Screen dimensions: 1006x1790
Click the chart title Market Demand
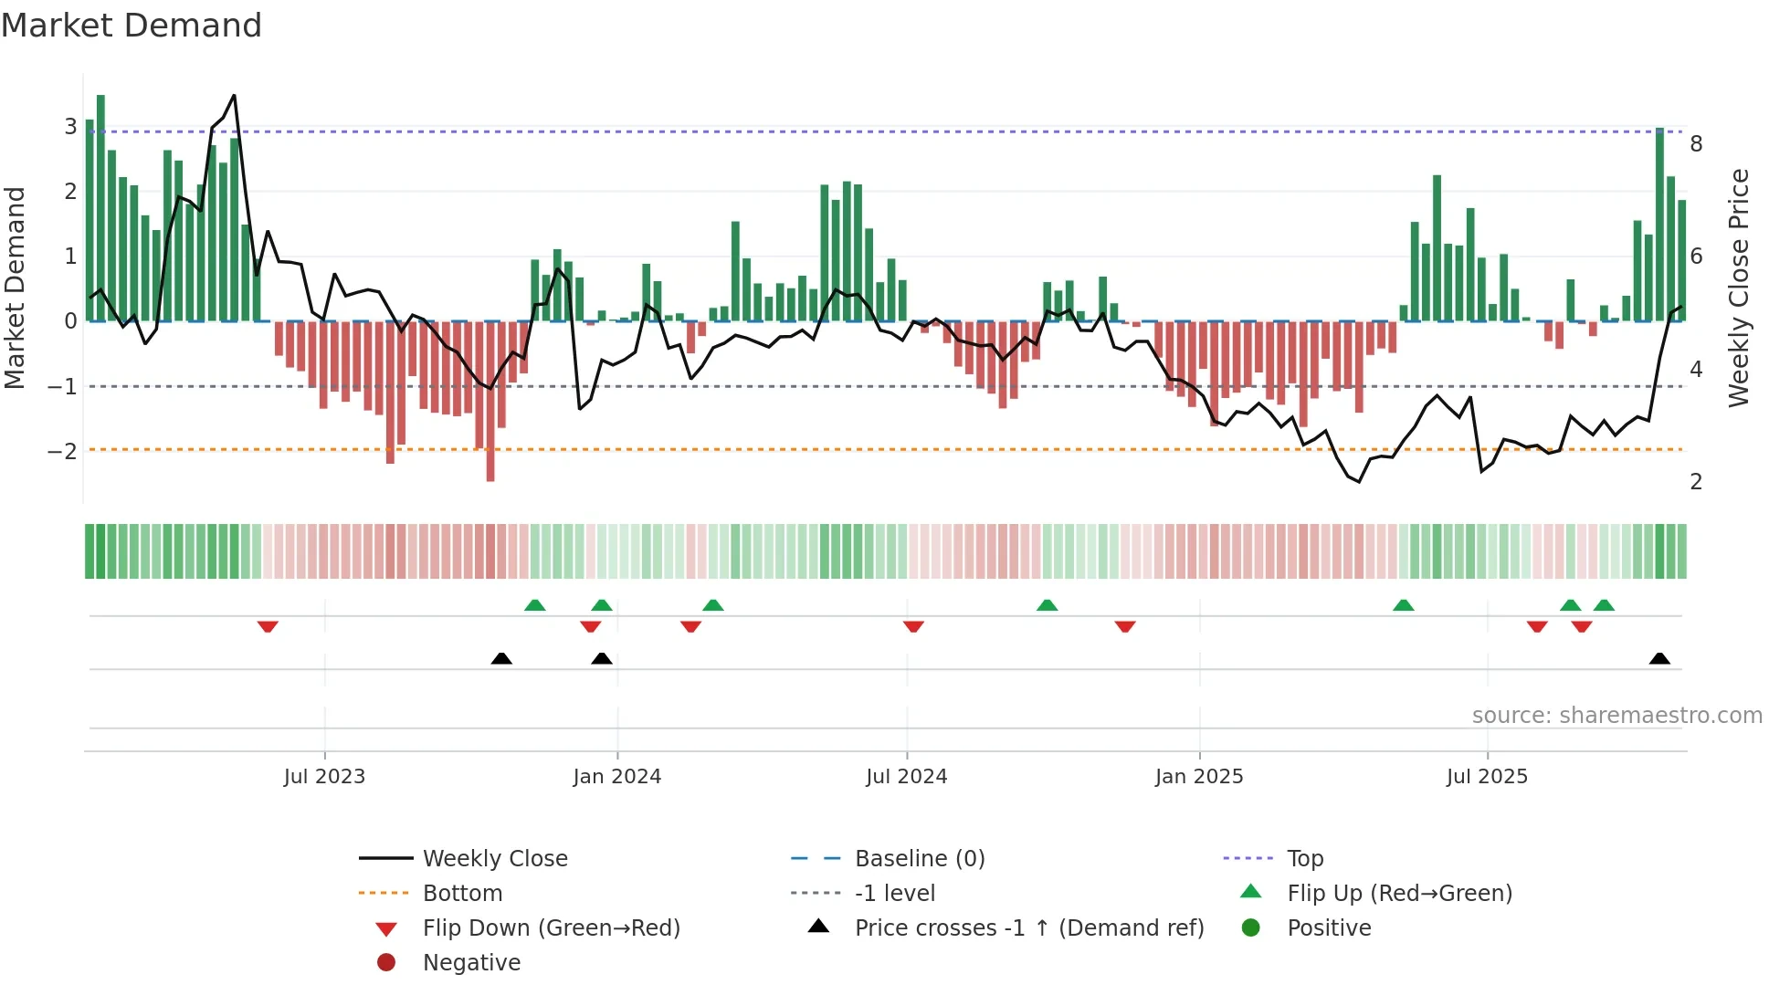[132, 26]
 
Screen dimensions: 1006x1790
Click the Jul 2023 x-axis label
[324, 777]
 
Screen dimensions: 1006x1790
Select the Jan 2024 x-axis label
[616, 777]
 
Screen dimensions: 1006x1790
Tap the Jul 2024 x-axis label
[906, 777]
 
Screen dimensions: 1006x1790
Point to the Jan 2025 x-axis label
[1198, 777]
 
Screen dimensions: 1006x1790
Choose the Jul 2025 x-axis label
[1487, 777]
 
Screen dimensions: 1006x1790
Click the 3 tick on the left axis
[70, 126]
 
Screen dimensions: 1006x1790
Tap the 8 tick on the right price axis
[1696, 143]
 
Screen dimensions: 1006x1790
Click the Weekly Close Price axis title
[1739, 288]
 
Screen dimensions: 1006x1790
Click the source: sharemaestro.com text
[1616, 716]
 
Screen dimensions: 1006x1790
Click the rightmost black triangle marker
[1659, 658]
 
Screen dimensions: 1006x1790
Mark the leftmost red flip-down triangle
[268, 627]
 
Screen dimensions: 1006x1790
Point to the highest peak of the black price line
[234, 96]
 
